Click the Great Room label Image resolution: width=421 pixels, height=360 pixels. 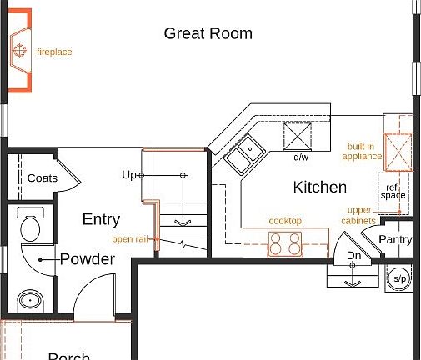click(208, 33)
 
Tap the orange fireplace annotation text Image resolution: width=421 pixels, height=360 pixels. click(54, 52)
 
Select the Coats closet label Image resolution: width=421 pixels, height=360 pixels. click(42, 178)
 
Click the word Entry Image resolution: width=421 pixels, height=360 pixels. click(101, 219)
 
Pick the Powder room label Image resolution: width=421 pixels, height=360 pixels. click(87, 259)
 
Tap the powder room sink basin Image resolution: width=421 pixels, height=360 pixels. click(31, 299)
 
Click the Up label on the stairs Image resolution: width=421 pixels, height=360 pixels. click(128, 175)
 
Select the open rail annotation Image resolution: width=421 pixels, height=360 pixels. click(129, 239)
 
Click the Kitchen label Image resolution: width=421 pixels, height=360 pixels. click(319, 187)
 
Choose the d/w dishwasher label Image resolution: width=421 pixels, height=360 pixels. click(301, 157)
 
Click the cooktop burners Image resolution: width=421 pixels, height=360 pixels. click(284, 242)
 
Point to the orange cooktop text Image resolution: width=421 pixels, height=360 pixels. click(285, 221)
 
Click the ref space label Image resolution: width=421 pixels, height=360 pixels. click(393, 191)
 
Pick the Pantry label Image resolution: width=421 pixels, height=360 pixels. click(394, 240)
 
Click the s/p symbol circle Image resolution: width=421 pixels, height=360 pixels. click(399, 277)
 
